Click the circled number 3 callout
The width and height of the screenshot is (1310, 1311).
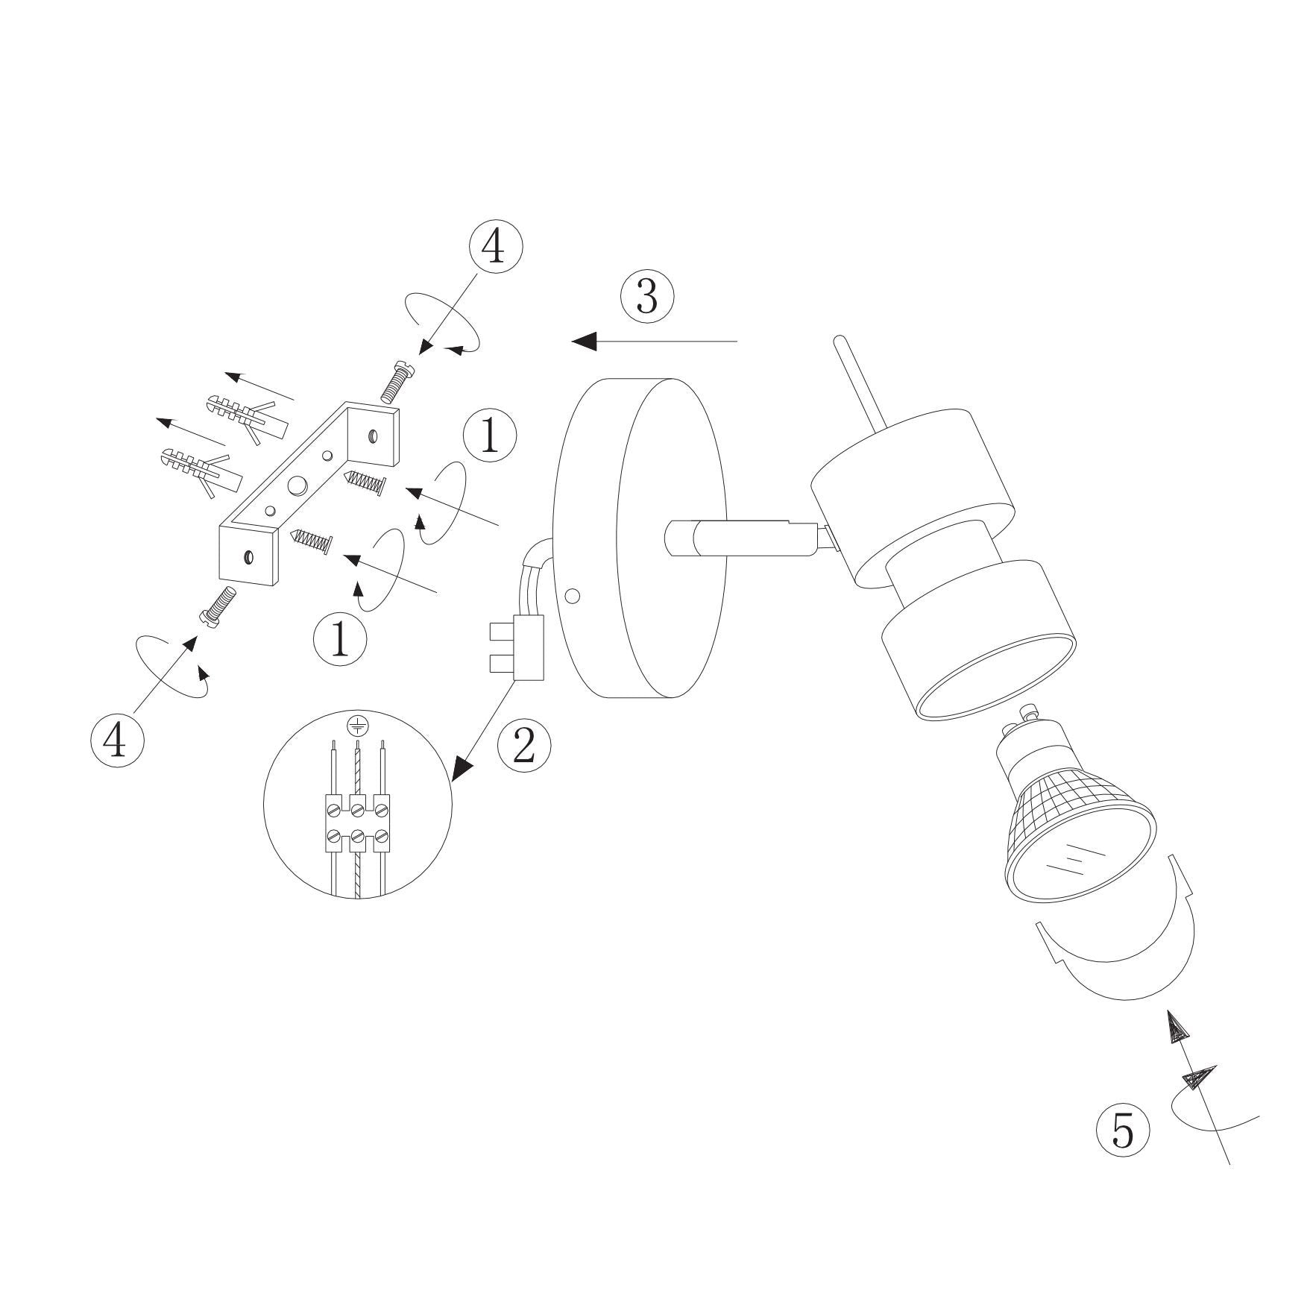[647, 297]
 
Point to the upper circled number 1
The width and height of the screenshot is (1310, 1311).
[490, 436]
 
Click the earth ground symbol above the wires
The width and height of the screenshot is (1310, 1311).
[358, 724]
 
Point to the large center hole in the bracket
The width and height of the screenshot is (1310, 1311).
[297, 485]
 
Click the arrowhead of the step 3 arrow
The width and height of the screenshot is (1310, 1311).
[585, 341]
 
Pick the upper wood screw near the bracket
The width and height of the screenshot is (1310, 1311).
[364, 482]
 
